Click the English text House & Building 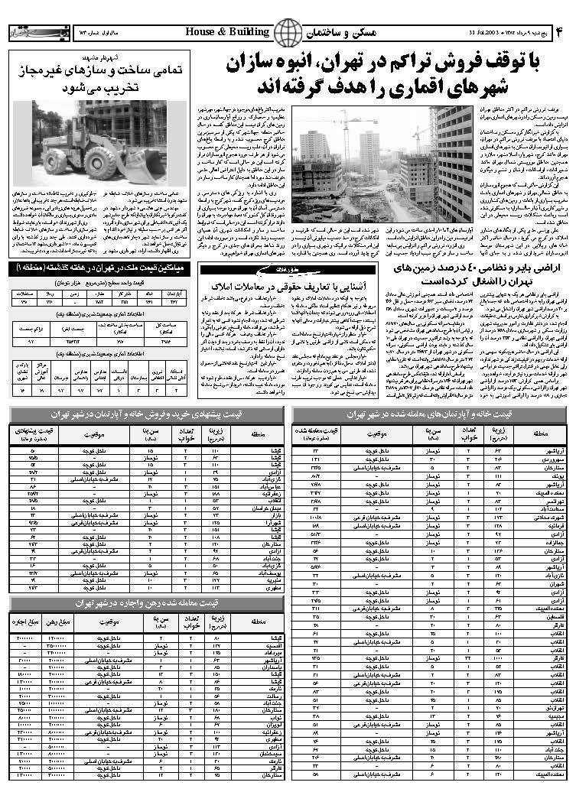[x=227, y=32]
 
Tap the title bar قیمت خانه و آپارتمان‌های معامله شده [x=429, y=414]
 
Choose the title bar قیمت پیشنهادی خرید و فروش [x=149, y=414]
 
